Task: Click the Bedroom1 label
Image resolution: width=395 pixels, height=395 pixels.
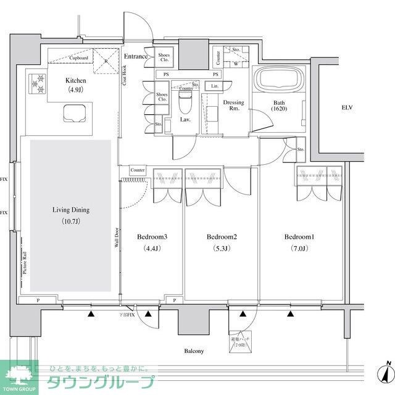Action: pyautogui.click(x=299, y=237)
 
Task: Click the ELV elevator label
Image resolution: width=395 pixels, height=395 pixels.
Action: pyautogui.click(x=349, y=107)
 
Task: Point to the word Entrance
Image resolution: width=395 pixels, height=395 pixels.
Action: pyautogui.click(x=136, y=57)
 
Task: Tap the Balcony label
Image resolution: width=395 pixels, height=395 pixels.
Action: pyautogui.click(x=193, y=351)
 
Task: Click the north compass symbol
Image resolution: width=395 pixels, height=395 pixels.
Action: pyautogui.click(x=386, y=372)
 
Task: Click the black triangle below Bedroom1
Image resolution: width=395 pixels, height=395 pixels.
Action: pyautogui.click(x=290, y=314)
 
